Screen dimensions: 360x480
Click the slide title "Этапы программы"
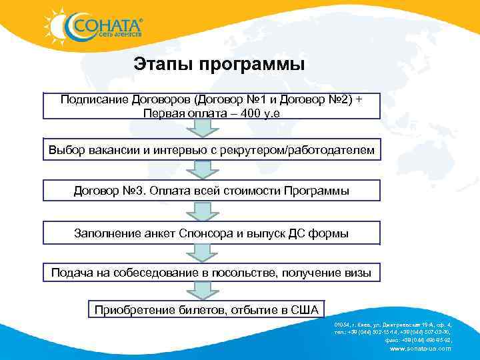(x=219, y=65)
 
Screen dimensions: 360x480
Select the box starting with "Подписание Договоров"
(x=211, y=105)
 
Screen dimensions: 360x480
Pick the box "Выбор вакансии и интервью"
(x=211, y=151)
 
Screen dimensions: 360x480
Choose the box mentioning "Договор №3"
(x=211, y=191)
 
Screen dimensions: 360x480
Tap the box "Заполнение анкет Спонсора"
(x=211, y=233)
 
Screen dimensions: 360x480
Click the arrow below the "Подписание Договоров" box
(x=198, y=129)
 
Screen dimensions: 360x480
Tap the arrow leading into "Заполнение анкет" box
(x=198, y=211)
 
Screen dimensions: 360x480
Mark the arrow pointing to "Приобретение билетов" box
(x=198, y=291)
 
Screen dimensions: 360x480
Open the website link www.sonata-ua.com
(x=419, y=349)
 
